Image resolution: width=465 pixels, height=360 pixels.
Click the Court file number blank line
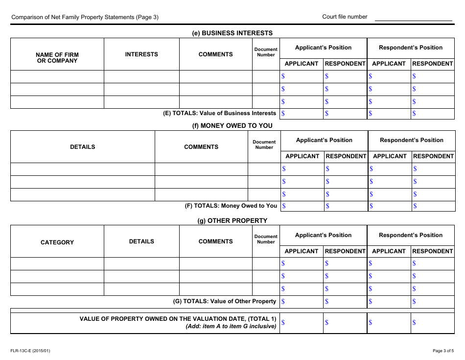pyautogui.click(x=413, y=18)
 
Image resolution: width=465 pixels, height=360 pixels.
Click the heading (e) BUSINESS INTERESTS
pyautogui.click(x=232, y=33)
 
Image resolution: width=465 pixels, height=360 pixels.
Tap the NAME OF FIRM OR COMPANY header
pyautogui.click(x=57, y=58)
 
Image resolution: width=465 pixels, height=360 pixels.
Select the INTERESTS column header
pyautogui.click(x=141, y=54)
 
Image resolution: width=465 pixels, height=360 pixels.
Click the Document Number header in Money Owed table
pyautogui.click(x=264, y=144)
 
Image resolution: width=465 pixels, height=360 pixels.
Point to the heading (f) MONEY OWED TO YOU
pyautogui.click(x=232, y=125)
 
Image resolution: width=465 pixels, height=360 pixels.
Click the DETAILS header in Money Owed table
pyautogui.click(x=83, y=147)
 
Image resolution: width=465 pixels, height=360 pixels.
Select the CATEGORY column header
pyautogui.click(x=57, y=242)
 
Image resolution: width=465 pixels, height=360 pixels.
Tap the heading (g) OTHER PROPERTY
pyautogui.click(x=232, y=220)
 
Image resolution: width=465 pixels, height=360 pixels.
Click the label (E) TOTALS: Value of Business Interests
pyautogui.click(x=219, y=113)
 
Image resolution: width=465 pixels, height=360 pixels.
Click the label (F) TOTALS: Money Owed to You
pyautogui.click(x=231, y=206)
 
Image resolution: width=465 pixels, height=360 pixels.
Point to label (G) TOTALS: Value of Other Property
pyautogui.click(x=225, y=301)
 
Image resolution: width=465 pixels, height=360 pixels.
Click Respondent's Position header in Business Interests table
pyautogui.click(x=411, y=48)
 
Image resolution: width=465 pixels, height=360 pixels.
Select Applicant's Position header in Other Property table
pyautogui.click(x=323, y=235)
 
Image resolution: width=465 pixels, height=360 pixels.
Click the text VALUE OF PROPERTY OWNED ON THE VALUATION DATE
pyautogui.click(x=178, y=319)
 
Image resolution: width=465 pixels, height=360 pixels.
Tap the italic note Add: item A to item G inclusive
pyautogui.click(x=231, y=326)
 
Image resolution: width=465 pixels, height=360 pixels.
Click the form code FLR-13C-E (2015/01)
pyautogui.click(x=30, y=350)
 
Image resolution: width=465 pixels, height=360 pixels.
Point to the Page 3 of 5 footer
pyautogui.click(x=443, y=350)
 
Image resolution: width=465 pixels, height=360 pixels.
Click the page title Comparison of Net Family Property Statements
pyautogui.click(x=85, y=17)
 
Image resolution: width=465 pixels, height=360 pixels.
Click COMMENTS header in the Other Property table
pyautogui.click(x=215, y=241)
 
